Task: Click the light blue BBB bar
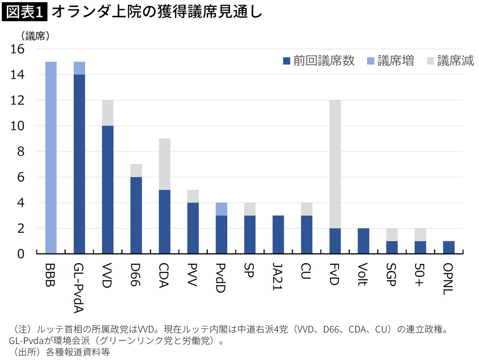click(x=51, y=158)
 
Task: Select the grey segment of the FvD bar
click(x=335, y=164)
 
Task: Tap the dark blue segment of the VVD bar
click(x=108, y=189)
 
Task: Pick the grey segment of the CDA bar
click(x=164, y=164)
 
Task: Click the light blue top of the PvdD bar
click(x=221, y=209)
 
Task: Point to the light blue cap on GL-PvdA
click(x=79, y=68)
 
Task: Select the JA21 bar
click(x=278, y=235)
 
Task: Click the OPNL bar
click(x=449, y=247)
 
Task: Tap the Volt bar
click(x=363, y=241)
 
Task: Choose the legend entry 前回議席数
click(x=318, y=61)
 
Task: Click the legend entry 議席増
click(x=390, y=61)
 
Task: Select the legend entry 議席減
click(x=450, y=61)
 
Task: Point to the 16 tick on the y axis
click(x=17, y=49)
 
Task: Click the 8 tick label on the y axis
click(x=21, y=152)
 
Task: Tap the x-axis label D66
click(x=135, y=275)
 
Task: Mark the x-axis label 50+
click(x=419, y=275)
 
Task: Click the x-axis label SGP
click(x=391, y=275)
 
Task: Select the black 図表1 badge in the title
click(x=24, y=12)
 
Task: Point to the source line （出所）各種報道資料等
click(x=61, y=352)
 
